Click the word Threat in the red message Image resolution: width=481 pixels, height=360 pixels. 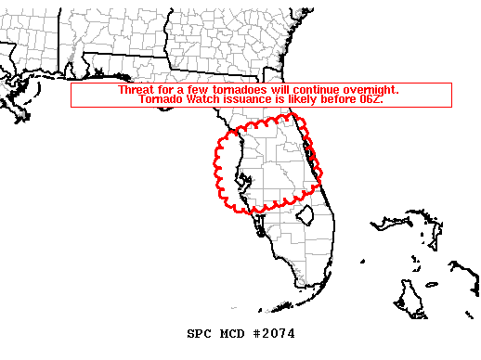(136, 90)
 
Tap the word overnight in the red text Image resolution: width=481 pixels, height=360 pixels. (369, 90)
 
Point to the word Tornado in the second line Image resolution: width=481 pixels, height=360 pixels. (162, 99)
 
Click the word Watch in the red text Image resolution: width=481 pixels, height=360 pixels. (206, 99)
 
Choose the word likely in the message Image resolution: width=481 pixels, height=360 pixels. (311, 99)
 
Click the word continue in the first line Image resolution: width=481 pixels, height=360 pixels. (312, 90)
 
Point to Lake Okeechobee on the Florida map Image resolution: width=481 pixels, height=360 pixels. (305, 216)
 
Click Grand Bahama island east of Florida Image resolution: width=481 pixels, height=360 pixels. (395, 224)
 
